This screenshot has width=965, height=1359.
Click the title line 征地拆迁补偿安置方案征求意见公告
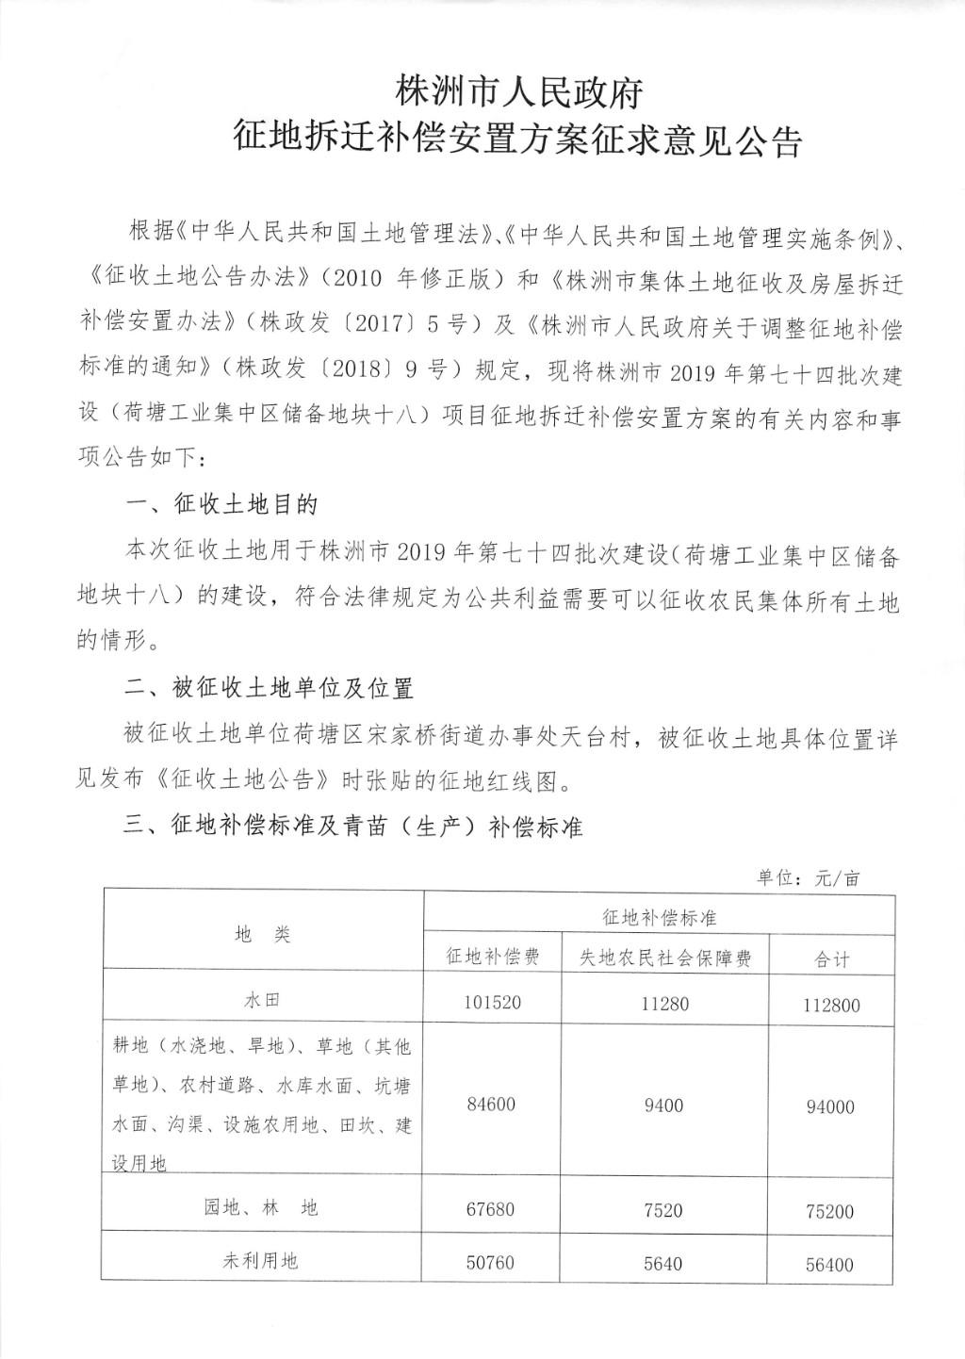pyautogui.click(x=518, y=140)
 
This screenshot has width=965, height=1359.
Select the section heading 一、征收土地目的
pyautogui.click(x=221, y=505)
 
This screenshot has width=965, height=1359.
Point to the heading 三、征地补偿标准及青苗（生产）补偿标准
pyautogui.click(x=353, y=827)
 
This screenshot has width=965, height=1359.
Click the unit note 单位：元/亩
pyautogui.click(x=809, y=878)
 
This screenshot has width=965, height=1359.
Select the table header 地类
pyautogui.click(x=263, y=934)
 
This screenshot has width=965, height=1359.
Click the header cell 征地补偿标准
pyautogui.click(x=659, y=916)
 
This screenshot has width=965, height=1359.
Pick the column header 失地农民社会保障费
pyautogui.click(x=665, y=958)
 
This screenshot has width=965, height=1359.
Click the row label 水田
pyautogui.click(x=263, y=1002)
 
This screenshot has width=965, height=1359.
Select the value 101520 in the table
pyautogui.click(x=492, y=1003)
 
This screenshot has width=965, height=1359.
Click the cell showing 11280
pyautogui.click(x=664, y=1003)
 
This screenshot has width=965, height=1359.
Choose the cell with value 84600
pyautogui.click(x=491, y=1104)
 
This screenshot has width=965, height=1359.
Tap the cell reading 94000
pyautogui.click(x=830, y=1107)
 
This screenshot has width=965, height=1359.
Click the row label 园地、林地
pyautogui.click(x=261, y=1207)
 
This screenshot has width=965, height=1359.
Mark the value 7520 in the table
pyautogui.click(x=663, y=1210)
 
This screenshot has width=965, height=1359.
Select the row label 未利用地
pyautogui.click(x=260, y=1260)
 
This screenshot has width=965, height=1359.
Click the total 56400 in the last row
pyautogui.click(x=830, y=1264)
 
